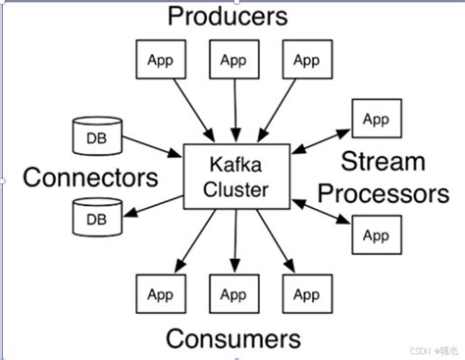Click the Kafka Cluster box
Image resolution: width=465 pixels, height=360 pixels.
(235, 174)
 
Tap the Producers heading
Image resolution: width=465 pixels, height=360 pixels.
(228, 16)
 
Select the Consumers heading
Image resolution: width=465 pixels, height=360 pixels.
(232, 338)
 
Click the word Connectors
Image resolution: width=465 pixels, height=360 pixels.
(90, 178)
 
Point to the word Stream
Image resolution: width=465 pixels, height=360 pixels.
(385, 161)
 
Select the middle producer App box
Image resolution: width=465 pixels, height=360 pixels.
(232, 60)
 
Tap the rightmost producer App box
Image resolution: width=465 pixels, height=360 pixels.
(306, 60)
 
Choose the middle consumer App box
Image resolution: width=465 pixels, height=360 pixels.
(232, 293)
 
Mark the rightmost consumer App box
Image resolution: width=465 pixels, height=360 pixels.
(306, 293)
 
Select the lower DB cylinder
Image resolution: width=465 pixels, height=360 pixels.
(95, 218)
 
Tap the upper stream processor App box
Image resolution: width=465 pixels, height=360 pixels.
(376, 119)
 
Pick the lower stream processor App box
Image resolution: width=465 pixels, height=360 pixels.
(376, 234)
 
